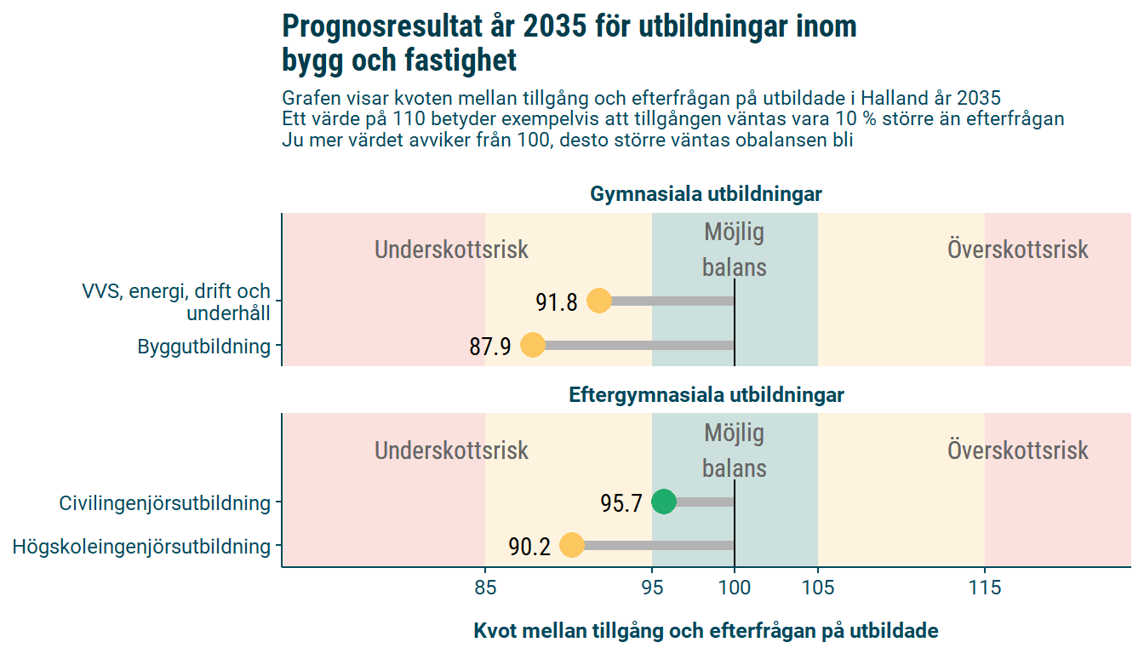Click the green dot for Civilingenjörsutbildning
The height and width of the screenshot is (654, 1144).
663,502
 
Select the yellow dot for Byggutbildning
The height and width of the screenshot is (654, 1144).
533,346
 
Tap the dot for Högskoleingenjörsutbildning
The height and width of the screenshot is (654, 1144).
571,546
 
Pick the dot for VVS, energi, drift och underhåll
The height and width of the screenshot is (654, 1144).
598,301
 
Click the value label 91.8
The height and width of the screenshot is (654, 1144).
557,302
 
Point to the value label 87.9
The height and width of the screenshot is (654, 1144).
490,347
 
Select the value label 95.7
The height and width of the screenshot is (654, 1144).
621,504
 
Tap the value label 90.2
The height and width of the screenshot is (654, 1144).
529,548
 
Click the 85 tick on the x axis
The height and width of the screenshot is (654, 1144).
485,588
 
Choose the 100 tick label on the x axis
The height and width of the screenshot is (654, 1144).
735,588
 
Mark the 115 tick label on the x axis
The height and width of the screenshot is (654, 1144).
985,588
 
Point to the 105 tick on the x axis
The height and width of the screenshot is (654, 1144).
818,588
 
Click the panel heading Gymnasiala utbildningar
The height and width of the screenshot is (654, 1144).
706,195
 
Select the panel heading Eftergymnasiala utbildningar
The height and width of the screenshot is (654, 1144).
706,396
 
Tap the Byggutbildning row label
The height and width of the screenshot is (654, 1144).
203,347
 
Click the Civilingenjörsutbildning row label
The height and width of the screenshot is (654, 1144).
164,503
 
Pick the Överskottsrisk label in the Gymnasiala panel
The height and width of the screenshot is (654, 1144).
1017,250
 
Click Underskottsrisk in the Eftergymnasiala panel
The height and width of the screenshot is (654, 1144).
451,450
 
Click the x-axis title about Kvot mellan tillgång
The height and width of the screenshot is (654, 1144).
706,631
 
